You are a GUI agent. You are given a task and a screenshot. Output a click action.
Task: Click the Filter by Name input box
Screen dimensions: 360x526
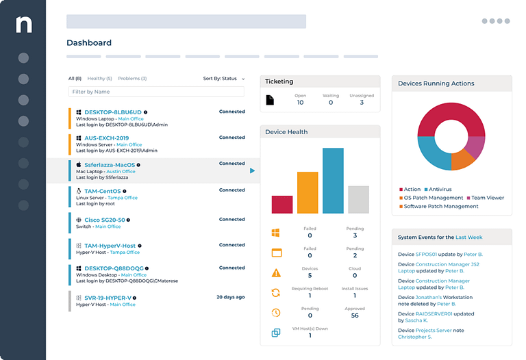(156, 92)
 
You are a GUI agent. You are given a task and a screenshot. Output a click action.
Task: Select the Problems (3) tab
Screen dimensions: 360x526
(132, 79)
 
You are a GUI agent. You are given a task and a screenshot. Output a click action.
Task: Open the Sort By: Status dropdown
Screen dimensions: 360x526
(223, 79)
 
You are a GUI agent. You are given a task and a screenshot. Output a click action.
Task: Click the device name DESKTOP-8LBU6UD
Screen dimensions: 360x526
(112, 112)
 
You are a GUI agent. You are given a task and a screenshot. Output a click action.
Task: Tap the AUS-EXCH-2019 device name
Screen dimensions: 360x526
(107, 138)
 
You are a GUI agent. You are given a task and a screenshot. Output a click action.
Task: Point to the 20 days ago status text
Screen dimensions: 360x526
(231, 297)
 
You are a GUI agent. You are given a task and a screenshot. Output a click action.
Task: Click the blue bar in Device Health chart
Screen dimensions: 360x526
(333, 181)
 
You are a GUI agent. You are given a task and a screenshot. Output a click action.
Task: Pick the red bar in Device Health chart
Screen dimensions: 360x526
(282, 205)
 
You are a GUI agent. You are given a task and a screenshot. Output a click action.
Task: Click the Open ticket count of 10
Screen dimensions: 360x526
(300, 103)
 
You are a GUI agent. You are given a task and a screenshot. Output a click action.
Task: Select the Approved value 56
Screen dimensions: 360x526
(355, 316)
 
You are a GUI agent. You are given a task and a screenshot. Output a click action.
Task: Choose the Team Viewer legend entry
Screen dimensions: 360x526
(486, 198)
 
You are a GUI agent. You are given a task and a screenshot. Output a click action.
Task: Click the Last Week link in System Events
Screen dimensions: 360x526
(469, 237)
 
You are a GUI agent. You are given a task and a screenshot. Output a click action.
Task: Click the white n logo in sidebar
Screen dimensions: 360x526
(23, 25)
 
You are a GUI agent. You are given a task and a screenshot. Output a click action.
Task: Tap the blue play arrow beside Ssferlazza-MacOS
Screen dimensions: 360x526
(252, 170)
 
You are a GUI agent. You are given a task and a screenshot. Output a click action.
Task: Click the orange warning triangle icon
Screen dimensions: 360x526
(276, 273)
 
